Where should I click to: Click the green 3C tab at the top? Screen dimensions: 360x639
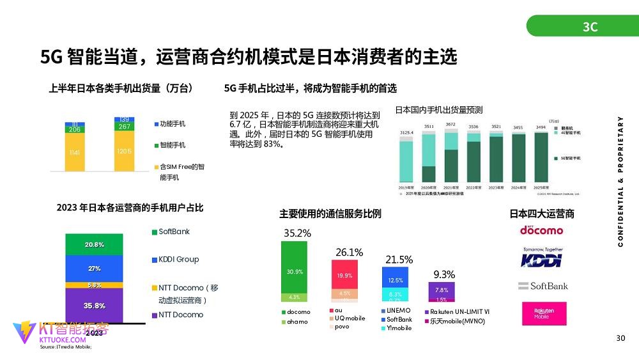click(589, 26)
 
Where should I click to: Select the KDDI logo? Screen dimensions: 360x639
click(541, 258)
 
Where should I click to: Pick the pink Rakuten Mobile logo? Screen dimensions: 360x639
click(541, 313)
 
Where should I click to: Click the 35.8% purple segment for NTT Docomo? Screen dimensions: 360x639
click(95, 306)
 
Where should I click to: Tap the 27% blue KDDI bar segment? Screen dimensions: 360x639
click(95, 269)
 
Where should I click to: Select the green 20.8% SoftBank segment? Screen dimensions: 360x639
click(95, 245)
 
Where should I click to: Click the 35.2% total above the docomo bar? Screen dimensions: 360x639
click(296, 234)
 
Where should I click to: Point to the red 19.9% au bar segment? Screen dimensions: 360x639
click(344, 276)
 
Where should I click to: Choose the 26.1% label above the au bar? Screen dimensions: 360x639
click(349, 253)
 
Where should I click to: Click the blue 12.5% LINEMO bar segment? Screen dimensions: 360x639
click(395, 279)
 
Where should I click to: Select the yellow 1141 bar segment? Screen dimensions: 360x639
click(75, 153)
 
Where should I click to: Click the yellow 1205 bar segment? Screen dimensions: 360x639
click(124, 152)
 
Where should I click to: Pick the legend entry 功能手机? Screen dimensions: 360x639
click(173, 123)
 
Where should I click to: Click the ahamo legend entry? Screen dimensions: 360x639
click(297, 322)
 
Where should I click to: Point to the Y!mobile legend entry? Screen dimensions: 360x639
click(399, 328)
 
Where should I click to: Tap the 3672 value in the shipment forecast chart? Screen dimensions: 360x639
click(450, 124)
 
